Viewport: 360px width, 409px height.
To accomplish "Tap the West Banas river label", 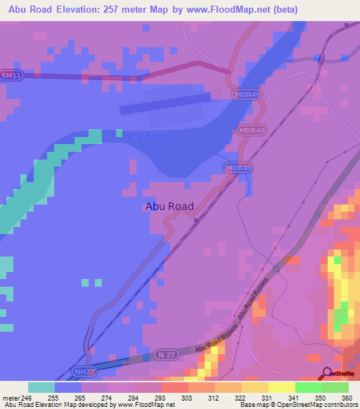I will tap(143, 135).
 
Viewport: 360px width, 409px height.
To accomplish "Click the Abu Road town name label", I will tap(169, 207).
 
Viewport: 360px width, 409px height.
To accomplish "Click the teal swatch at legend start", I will tap(41, 387).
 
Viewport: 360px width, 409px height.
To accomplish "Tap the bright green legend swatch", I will tap(309, 387).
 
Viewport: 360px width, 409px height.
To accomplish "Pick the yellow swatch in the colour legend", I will tap(282, 387).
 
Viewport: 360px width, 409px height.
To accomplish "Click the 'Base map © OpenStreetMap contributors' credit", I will tap(297, 405).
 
